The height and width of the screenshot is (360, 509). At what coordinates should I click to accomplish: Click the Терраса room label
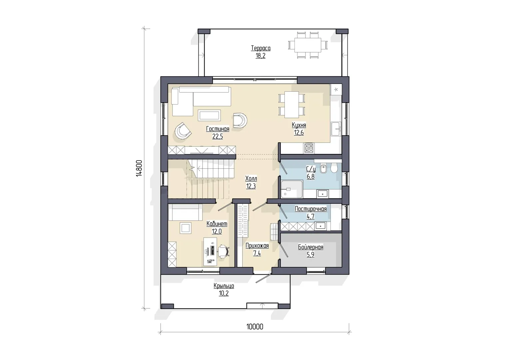[x=260, y=48]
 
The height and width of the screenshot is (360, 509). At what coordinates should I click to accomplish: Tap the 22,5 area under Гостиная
[x=218, y=136]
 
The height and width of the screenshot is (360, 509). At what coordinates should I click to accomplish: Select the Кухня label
[x=299, y=125]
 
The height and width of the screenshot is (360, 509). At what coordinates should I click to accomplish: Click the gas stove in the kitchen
[x=309, y=148]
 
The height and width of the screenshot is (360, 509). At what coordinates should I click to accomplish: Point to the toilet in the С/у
[x=334, y=168]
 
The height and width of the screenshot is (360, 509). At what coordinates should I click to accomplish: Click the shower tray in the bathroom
[x=292, y=189]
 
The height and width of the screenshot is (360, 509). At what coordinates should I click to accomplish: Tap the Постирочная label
[x=310, y=209]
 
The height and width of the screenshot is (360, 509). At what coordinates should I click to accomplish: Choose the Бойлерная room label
[x=310, y=247]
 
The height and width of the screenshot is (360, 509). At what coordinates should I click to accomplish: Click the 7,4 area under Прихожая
[x=257, y=253]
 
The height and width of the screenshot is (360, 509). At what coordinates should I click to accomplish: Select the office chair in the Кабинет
[x=224, y=251]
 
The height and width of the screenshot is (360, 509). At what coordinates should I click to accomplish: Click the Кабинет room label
[x=217, y=224]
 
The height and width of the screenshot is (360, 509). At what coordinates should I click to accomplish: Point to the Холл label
[x=251, y=179]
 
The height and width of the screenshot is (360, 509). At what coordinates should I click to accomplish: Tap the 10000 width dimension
[x=255, y=327]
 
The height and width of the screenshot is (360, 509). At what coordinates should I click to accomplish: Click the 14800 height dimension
[x=139, y=169]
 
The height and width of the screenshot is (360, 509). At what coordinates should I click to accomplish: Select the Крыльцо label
[x=224, y=286]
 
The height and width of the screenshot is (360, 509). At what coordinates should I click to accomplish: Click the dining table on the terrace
[x=308, y=45]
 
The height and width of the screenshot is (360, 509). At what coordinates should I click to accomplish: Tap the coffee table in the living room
[x=209, y=115]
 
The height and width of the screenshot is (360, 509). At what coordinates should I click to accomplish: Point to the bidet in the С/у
[x=323, y=169]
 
